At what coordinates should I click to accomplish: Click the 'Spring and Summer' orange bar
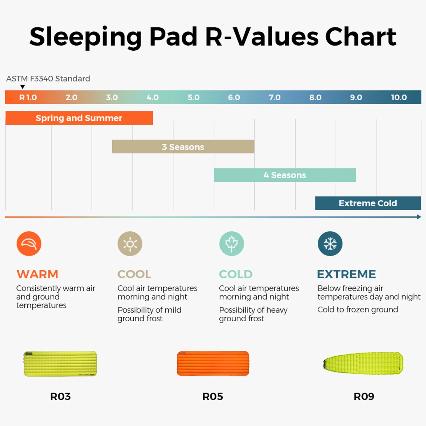tap(79, 118)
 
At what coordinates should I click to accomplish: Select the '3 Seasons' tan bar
tap(183, 147)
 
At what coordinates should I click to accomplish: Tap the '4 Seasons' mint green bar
tap(285, 175)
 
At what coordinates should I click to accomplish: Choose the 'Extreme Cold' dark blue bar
tap(368, 203)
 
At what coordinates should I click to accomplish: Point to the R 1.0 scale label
tap(28, 97)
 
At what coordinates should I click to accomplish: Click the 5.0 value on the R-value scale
tap(194, 97)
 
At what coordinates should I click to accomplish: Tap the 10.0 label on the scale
tap(399, 97)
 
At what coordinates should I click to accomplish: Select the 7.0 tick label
tap(275, 97)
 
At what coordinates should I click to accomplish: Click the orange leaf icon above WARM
tap(29, 244)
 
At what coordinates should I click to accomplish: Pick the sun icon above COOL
tap(130, 244)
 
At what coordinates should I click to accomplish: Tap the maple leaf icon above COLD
tap(232, 244)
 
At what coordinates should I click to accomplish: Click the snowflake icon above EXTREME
tap(330, 244)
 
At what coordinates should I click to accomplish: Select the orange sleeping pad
tap(213, 363)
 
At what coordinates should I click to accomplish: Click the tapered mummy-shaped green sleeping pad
tap(363, 363)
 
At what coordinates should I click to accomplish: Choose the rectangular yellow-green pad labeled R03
tap(60, 363)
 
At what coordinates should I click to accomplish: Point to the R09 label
tap(364, 396)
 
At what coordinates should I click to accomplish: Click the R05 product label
tap(213, 396)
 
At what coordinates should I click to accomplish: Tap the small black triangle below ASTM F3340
tap(23, 87)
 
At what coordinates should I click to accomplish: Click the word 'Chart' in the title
tap(361, 37)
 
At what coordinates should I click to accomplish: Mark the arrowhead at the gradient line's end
tap(419, 217)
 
